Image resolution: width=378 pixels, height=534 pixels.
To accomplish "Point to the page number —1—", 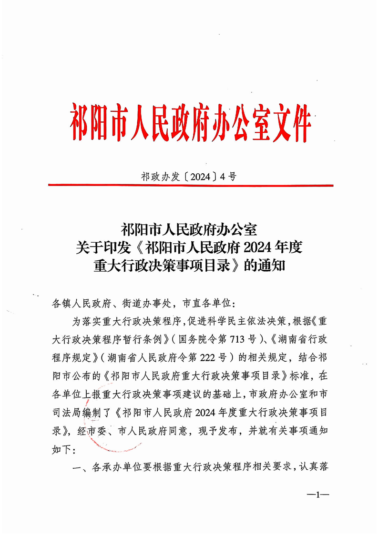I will pyautogui.click(x=317, y=495).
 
